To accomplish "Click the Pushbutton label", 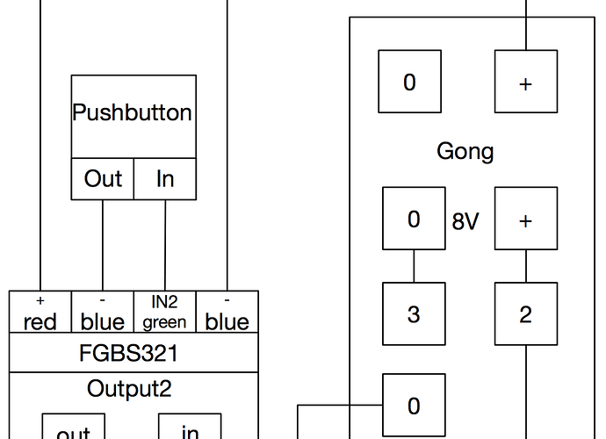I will (x=133, y=113).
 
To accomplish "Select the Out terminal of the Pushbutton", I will (x=103, y=179).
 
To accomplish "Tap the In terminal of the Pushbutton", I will (x=165, y=179).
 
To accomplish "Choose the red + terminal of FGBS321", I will (x=40, y=314).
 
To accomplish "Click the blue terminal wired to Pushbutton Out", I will (x=102, y=314).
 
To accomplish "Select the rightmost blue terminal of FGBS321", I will (x=227, y=314).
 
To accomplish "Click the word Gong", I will (x=465, y=151).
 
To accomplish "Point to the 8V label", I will (x=465, y=221).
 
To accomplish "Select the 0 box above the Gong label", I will (x=409, y=83).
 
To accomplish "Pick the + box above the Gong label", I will (x=525, y=83).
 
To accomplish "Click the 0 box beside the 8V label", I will (x=414, y=219).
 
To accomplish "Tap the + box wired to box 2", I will (x=525, y=219).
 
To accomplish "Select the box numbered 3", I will (x=414, y=313).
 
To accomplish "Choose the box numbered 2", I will (x=525, y=313).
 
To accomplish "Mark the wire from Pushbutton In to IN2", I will (x=165, y=246).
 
